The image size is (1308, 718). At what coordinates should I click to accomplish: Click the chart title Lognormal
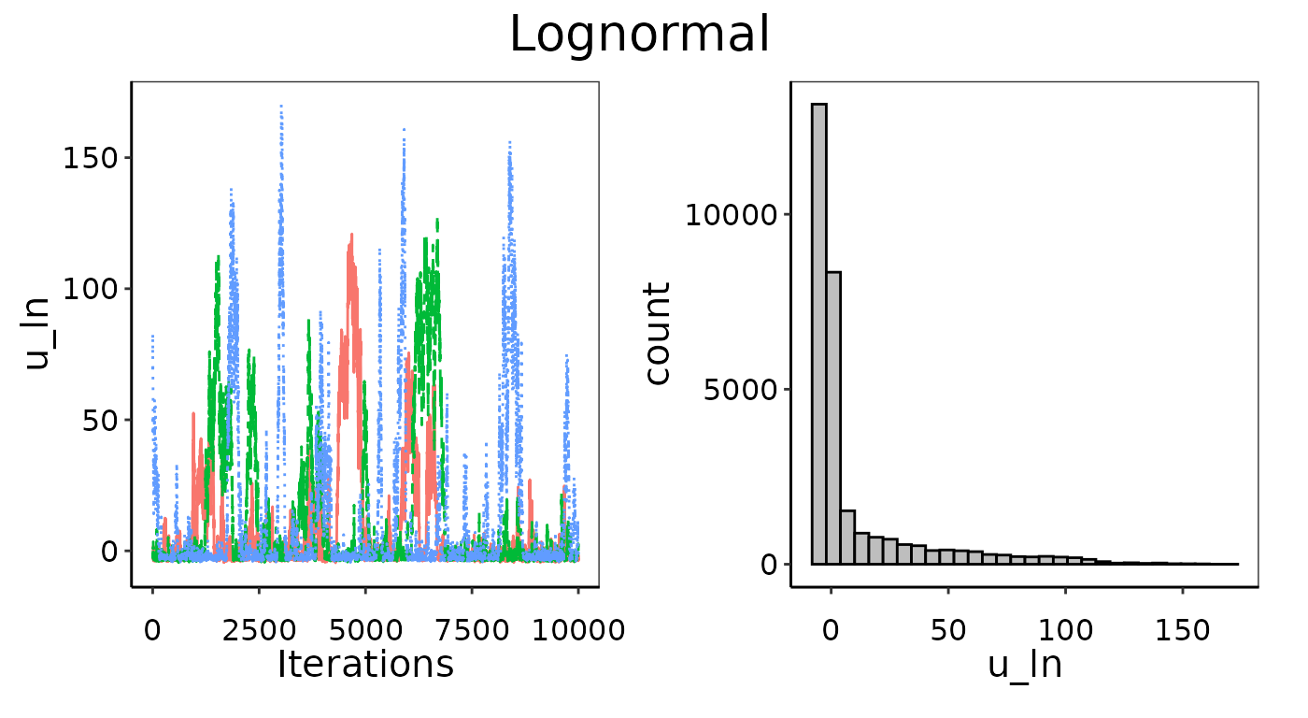pos(640,36)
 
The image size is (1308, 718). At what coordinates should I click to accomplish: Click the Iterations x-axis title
pos(365,664)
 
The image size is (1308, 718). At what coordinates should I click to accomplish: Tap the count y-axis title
pos(658,334)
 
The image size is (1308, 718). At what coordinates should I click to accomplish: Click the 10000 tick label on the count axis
pos(732,215)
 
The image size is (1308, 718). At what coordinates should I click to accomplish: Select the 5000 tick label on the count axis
pos(741,390)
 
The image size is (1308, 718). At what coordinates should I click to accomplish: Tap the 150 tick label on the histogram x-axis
pos(1183,629)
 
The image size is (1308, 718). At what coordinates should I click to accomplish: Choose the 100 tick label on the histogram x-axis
pos(1065,629)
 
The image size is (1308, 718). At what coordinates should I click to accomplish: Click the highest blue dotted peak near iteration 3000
pos(281,108)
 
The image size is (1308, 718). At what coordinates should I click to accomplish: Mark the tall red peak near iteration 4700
pos(351,236)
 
